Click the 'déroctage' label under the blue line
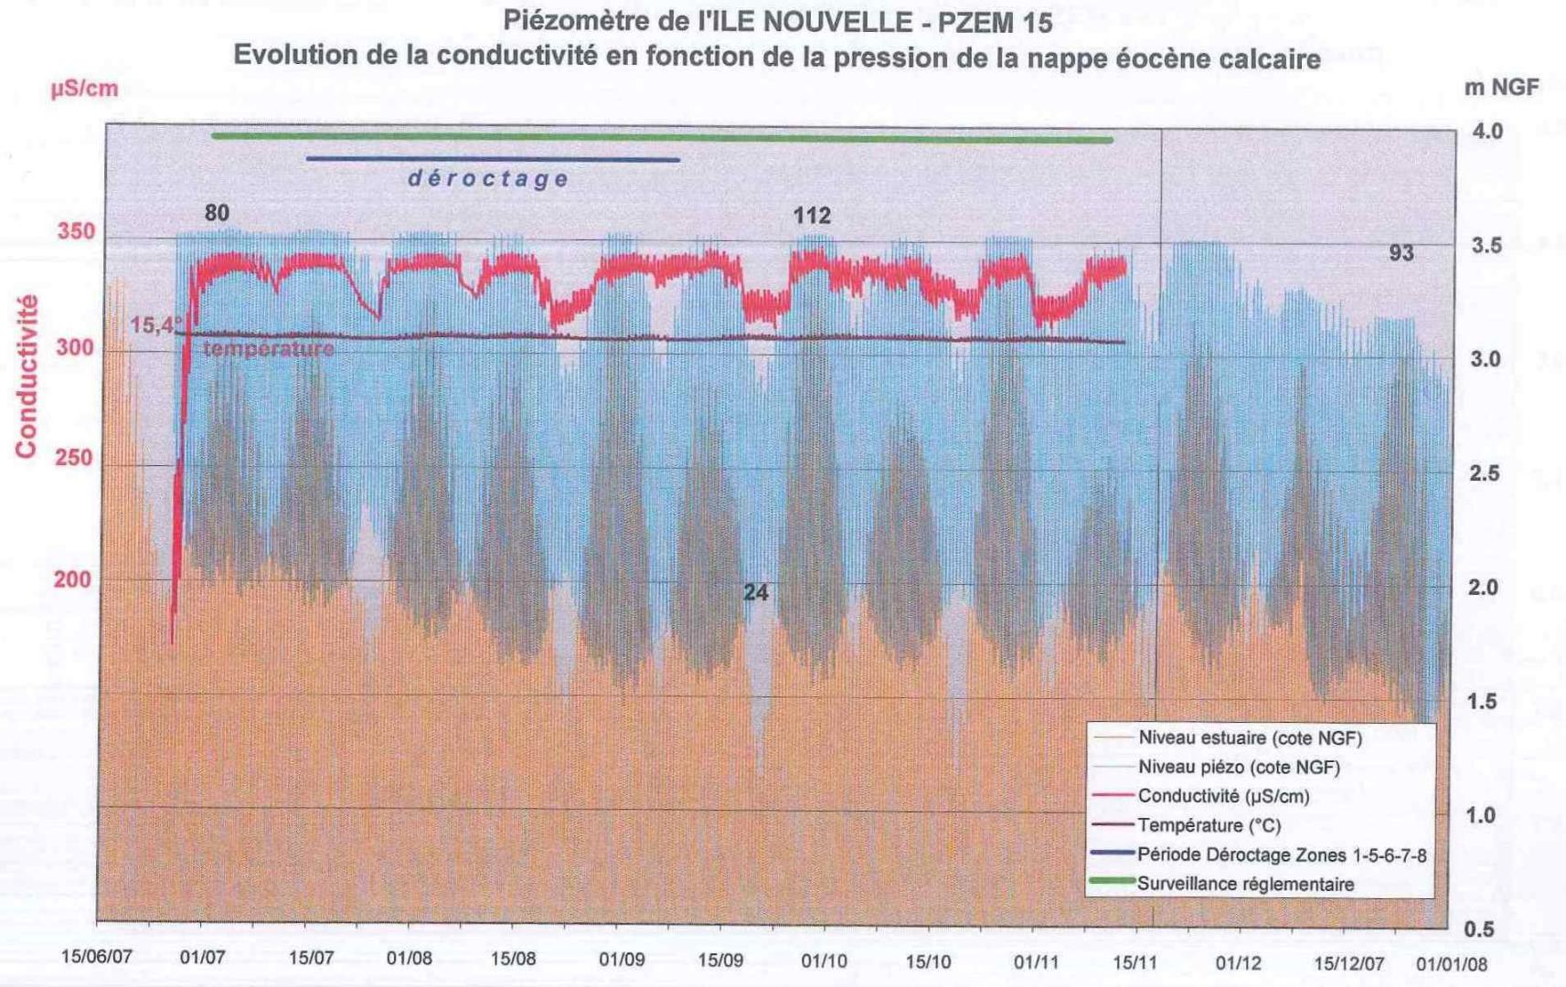click(x=488, y=179)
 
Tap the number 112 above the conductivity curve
click(x=812, y=217)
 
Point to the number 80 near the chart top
click(x=217, y=213)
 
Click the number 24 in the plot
click(x=756, y=593)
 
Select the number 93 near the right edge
click(x=1401, y=253)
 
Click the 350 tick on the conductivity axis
click(x=76, y=231)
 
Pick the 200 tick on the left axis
click(x=72, y=579)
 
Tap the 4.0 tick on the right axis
click(x=1487, y=132)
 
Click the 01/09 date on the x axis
click(x=622, y=960)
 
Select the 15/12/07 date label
click(x=1348, y=963)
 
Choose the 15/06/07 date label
click(x=97, y=957)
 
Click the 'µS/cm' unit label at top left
click(x=84, y=89)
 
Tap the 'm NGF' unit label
click(x=1501, y=88)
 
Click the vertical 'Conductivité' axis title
click(x=27, y=376)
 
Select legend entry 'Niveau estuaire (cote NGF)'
click(x=1249, y=738)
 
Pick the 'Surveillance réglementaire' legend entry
click(x=1245, y=885)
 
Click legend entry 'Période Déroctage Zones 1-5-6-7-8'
click(x=1281, y=855)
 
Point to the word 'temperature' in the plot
click(x=268, y=349)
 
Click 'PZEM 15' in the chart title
click(x=996, y=22)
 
